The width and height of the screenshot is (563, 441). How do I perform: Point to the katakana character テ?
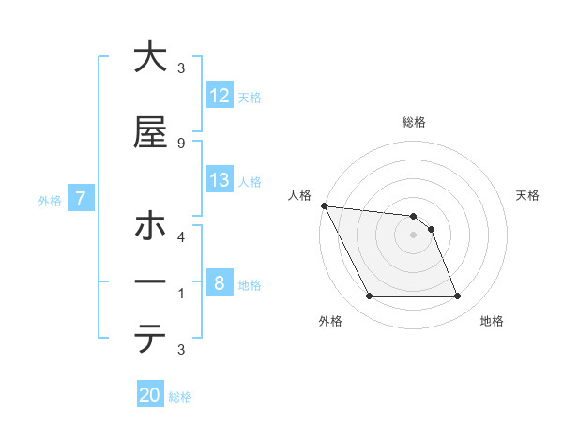point(150,338)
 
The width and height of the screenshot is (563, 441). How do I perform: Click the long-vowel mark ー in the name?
point(150,282)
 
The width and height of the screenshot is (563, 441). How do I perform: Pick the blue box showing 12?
point(220,96)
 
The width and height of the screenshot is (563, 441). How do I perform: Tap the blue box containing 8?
point(220,283)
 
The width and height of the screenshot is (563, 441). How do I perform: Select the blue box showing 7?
point(81,199)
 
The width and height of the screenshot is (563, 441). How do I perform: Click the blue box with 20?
point(150,396)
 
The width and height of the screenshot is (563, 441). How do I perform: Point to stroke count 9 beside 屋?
point(181,143)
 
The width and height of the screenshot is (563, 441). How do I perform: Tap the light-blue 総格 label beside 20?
point(180,397)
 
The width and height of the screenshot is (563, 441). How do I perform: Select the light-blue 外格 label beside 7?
point(50,200)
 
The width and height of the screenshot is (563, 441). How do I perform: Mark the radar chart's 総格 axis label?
point(413,122)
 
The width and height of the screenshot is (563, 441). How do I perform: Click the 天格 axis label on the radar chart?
point(528,195)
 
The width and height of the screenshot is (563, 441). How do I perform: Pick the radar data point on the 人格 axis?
point(324,205)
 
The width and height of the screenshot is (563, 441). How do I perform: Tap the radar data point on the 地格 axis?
point(458,297)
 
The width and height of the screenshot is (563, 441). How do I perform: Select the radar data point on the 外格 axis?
point(369,297)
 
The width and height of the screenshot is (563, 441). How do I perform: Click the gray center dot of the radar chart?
point(413,235)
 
